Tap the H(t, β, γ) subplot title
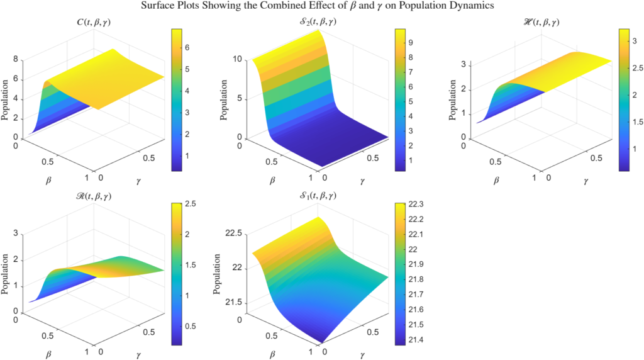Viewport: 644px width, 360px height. tap(535, 23)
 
